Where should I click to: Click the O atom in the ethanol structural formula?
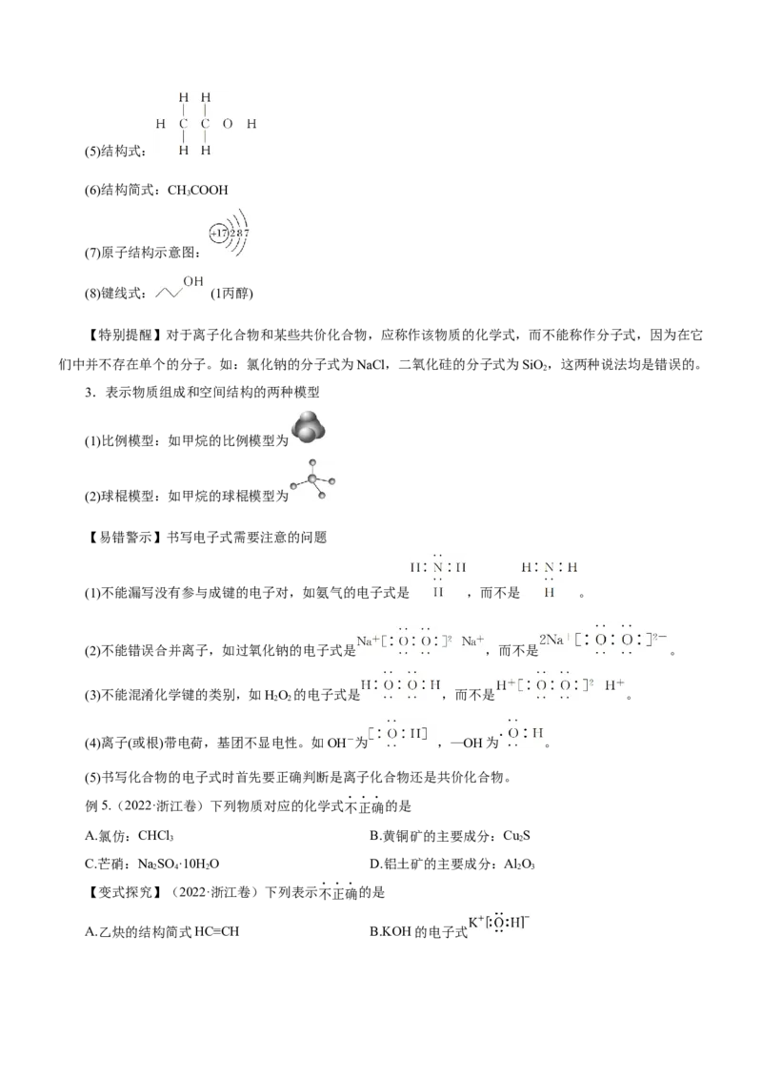click(227, 124)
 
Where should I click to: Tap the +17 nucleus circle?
click(218, 233)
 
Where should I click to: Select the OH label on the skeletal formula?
click(193, 282)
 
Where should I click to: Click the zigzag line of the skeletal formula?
click(170, 292)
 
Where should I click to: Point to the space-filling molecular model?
click(309, 426)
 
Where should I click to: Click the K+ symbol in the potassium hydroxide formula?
click(475, 923)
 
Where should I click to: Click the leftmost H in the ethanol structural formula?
click(159, 124)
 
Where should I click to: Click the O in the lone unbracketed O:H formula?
click(513, 734)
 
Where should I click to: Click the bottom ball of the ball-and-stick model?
click(322, 495)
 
